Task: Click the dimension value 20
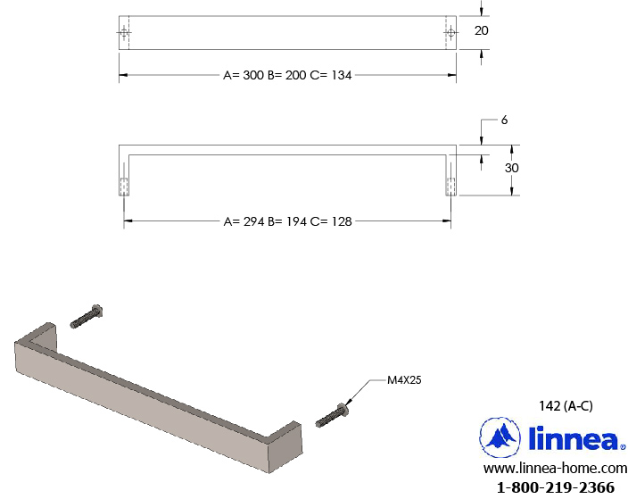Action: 481,30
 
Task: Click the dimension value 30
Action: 511,168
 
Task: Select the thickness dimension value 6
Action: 504,120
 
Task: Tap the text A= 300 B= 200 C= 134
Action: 287,75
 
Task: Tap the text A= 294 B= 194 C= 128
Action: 287,221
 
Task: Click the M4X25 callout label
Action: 404,379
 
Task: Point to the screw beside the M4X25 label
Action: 331,416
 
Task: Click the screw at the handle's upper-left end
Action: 87,317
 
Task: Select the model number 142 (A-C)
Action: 566,405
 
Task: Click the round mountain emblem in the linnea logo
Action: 500,437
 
